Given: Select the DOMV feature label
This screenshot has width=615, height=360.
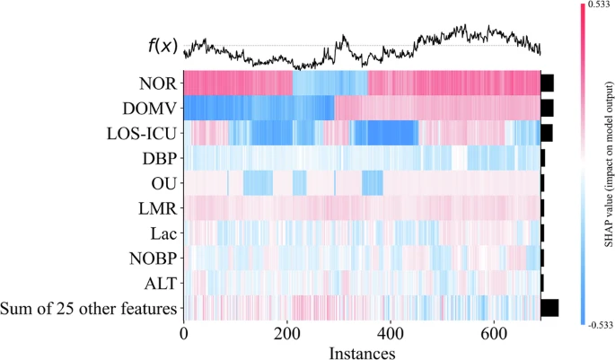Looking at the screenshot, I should point(147,109).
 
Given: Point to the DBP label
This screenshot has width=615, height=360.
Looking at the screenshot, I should point(156,159).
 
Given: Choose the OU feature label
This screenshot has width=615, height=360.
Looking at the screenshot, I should point(161,184).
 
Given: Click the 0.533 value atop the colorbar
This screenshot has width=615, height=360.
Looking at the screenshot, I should point(599,5).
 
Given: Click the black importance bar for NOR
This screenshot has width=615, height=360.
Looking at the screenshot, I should point(547,83).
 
